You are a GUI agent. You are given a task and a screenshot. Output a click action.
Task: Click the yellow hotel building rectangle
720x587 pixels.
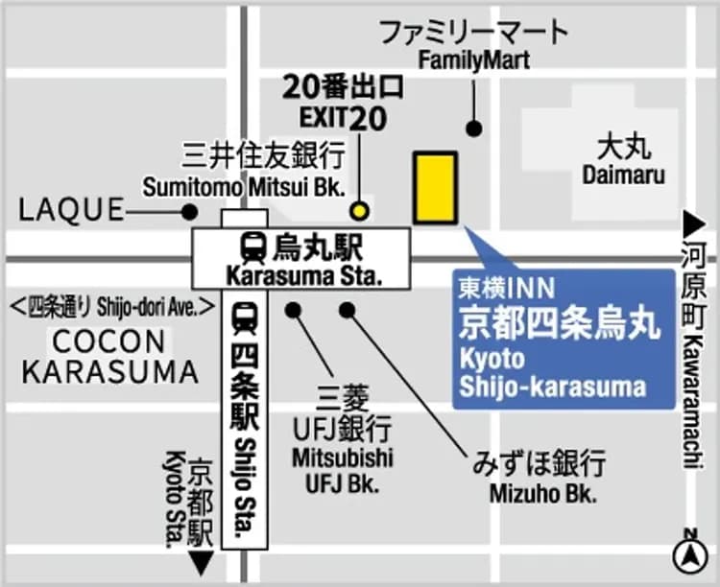click(x=435, y=187)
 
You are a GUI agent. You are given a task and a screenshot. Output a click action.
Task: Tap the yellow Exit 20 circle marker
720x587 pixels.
click(x=359, y=211)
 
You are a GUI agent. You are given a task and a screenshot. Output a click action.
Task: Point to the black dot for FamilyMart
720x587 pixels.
click(x=472, y=129)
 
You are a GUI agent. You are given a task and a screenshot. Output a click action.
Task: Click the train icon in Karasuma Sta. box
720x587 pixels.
click(x=254, y=248)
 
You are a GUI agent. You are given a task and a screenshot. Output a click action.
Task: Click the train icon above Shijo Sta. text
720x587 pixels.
click(x=245, y=316)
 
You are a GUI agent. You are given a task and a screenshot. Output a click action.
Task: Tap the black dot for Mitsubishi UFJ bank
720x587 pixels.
click(x=293, y=310)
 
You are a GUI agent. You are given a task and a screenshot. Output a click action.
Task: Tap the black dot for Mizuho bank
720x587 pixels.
click(x=348, y=310)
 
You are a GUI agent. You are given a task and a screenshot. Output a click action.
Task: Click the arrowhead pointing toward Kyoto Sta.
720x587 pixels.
click(x=200, y=563)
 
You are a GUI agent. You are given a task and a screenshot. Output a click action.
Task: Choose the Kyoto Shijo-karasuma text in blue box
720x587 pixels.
click(x=551, y=374)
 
